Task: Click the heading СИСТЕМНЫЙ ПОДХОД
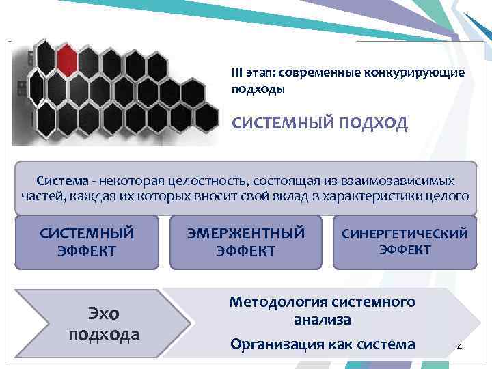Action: [x=320, y=123]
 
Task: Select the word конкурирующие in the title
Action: [x=422, y=73]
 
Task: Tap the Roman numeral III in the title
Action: [x=238, y=73]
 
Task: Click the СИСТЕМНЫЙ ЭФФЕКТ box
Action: [x=87, y=242]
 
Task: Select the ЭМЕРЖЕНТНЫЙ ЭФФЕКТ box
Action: [x=246, y=242]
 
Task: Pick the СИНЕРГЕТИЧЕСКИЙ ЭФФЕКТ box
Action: [x=405, y=242]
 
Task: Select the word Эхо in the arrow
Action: [x=104, y=314]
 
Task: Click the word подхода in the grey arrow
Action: [x=104, y=334]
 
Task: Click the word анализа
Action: [x=323, y=319]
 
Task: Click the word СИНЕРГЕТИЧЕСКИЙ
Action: [x=405, y=234]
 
